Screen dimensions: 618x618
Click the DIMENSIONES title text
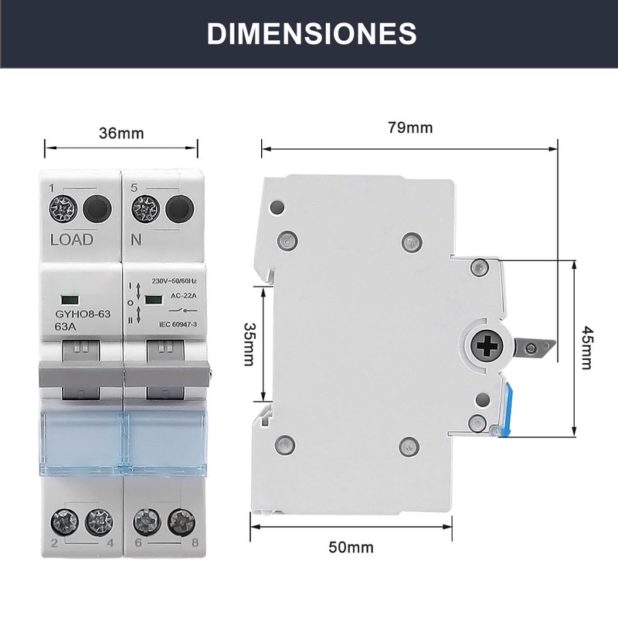[312, 33]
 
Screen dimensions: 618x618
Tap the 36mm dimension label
[121, 133]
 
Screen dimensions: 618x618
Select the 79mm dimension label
[409, 128]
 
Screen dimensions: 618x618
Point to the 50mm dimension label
[351, 548]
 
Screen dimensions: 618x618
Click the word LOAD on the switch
[71, 239]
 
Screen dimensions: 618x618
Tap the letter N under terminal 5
[137, 239]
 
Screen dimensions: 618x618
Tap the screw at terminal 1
[61, 208]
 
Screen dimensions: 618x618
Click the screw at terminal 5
[144, 208]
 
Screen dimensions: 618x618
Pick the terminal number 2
[53, 542]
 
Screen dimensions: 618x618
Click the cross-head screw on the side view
[486, 347]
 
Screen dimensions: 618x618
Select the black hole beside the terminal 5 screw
[179, 208]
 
